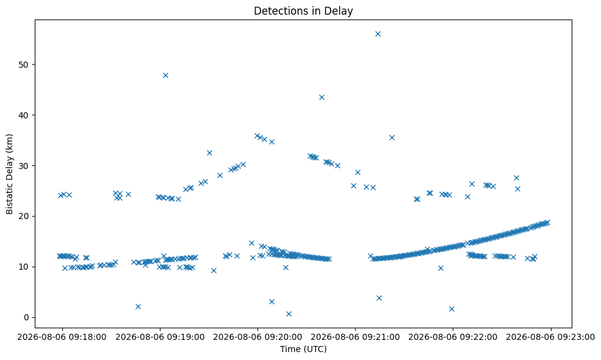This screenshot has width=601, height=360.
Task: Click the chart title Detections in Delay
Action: coord(303,11)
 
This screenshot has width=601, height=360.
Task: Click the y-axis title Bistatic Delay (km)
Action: coord(10,174)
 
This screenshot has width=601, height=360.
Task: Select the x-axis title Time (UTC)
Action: coord(303,349)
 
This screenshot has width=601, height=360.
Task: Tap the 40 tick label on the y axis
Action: coord(24,115)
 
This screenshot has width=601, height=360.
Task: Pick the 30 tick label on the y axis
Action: coord(24,165)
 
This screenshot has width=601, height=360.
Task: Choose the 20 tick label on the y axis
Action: coord(24,216)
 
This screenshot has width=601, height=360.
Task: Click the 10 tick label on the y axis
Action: coord(24,267)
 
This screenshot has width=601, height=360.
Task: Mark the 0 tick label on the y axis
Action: coord(26,317)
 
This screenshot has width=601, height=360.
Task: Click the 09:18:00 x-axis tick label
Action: coord(62,337)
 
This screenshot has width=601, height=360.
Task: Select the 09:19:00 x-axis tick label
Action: coord(160,337)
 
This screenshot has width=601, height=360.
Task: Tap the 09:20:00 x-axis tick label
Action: coord(257,337)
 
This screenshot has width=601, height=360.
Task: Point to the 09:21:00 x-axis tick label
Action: coord(355,337)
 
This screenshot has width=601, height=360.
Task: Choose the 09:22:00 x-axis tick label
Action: coord(453,337)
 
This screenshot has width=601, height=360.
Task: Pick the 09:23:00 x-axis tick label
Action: coord(551,337)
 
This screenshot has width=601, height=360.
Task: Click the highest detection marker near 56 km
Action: coord(378,34)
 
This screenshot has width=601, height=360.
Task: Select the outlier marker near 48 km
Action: coord(165,75)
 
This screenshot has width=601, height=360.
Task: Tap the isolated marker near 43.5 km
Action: coord(322,98)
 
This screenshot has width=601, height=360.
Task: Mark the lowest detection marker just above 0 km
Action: coord(289,314)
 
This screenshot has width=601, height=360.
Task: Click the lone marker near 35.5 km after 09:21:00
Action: coord(392,138)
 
